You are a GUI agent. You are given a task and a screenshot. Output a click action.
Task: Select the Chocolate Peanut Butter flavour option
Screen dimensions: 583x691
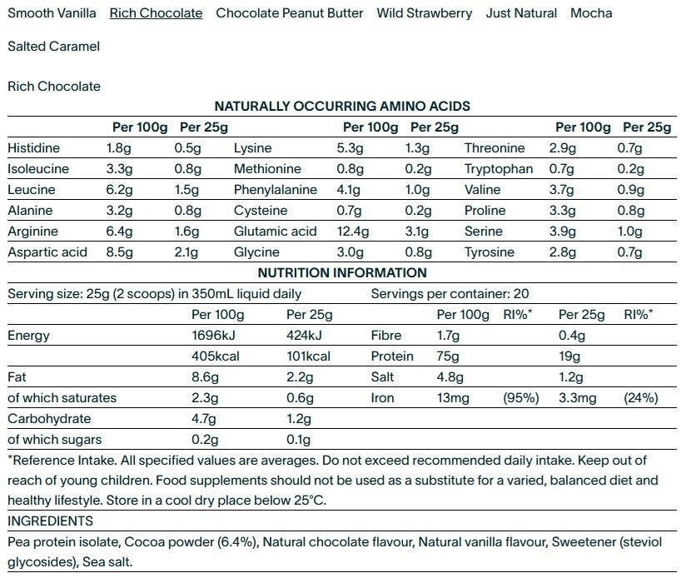tap(290, 13)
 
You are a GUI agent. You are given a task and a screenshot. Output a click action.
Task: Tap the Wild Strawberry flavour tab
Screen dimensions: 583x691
tap(425, 13)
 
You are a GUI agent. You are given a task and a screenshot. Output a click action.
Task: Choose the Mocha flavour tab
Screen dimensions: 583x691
tap(591, 13)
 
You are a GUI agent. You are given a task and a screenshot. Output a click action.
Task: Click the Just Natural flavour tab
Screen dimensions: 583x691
tap(522, 13)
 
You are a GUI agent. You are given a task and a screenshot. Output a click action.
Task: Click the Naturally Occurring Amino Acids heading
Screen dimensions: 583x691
tap(342, 107)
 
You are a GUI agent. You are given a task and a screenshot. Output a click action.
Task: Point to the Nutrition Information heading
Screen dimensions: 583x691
tap(342, 273)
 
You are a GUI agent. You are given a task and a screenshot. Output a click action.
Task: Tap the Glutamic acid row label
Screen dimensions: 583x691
tap(275, 232)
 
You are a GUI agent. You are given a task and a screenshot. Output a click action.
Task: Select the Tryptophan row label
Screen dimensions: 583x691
tap(499, 169)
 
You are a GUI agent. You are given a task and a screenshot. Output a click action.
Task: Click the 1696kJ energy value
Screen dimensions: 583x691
tap(212, 336)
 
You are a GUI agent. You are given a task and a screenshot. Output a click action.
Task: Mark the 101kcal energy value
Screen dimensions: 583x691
tap(308, 356)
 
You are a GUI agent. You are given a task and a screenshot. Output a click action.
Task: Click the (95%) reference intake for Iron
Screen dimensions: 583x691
tap(521, 398)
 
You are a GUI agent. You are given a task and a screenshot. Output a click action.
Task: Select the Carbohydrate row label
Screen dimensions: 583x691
tap(49, 419)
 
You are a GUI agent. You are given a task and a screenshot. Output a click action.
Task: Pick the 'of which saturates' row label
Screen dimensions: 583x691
tap(62, 398)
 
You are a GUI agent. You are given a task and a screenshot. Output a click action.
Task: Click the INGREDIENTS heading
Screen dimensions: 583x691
tap(50, 521)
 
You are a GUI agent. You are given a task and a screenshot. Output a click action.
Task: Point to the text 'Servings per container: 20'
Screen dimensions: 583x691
tap(450, 294)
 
